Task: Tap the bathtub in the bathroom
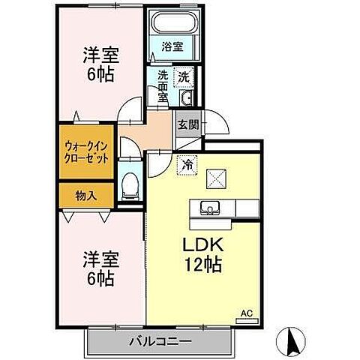click(x=173, y=24)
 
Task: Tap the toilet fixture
click(x=130, y=183)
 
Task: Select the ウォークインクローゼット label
click(x=87, y=153)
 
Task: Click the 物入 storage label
click(x=86, y=194)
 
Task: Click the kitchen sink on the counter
click(x=209, y=208)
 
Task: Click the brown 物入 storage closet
click(x=86, y=194)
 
